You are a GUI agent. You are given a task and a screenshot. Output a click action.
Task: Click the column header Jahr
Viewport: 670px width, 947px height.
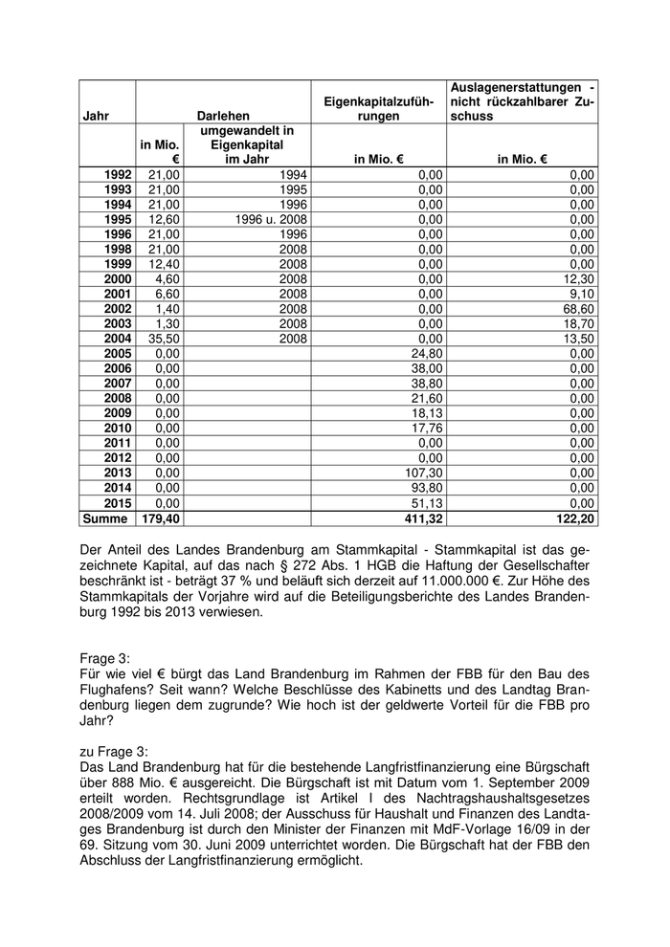(97, 116)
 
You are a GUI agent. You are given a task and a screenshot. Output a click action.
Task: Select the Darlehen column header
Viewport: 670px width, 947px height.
(223, 116)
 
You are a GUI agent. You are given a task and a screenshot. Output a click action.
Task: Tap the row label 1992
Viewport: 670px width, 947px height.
(118, 175)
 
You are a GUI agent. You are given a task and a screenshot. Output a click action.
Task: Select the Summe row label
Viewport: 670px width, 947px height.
(106, 518)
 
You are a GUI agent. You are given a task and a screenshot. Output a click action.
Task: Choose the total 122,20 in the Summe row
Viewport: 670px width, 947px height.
(574, 518)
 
